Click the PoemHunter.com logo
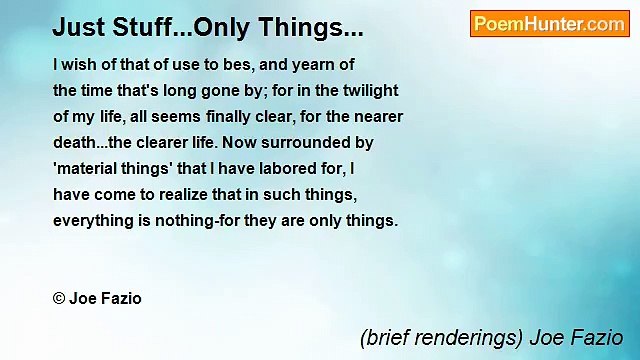point(549,24)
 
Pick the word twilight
point(365,90)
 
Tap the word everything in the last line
point(95,220)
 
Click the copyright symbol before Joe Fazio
point(60,298)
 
